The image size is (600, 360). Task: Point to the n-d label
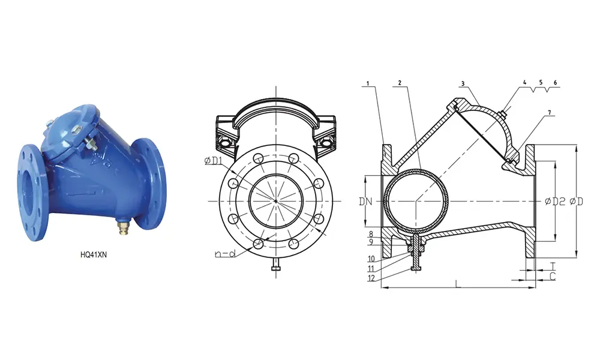[x=224, y=254]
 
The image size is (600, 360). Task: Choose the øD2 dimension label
[x=554, y=202]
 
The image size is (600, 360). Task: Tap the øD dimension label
[x=577, y=202]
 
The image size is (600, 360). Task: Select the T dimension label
[x=553, y=265]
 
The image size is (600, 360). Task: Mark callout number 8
[x=371, y=234]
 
